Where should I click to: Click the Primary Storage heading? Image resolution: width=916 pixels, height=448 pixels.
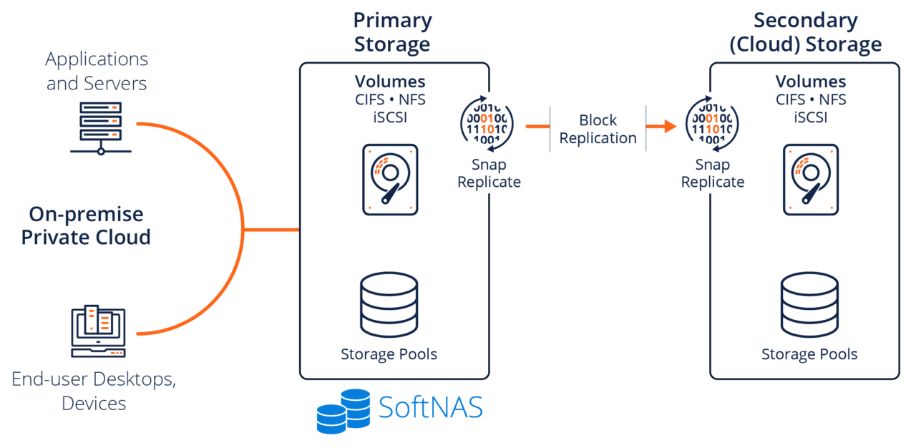(392, 32)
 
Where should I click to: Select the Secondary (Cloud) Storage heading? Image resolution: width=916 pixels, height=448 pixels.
(805, 32)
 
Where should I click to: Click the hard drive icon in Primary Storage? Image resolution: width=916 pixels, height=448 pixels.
(389, 179)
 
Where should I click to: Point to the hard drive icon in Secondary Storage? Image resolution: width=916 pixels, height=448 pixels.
(810, 179)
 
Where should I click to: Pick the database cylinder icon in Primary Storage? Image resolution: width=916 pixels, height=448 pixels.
(389, 306)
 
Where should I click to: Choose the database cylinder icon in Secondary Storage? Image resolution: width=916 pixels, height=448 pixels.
(809, 306)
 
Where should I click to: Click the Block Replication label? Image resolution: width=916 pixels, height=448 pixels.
(598, 129)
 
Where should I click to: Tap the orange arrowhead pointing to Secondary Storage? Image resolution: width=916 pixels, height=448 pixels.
(668, 127)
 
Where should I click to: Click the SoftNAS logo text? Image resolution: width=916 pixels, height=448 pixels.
(430, 408)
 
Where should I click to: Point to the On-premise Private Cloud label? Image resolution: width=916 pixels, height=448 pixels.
(86, 225)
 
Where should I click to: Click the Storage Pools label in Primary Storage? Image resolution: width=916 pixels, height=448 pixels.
(389, 354)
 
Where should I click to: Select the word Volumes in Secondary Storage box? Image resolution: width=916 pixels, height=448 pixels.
(810, 82)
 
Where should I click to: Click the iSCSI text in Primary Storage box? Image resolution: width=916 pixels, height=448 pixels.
(390, 117)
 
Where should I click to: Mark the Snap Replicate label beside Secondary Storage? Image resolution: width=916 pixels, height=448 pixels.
(712, 173)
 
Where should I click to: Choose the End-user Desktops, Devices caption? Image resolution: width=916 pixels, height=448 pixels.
(94, 391)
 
